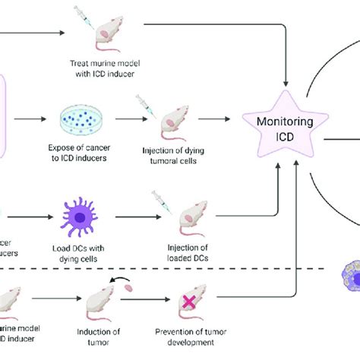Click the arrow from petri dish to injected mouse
[125, 119]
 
